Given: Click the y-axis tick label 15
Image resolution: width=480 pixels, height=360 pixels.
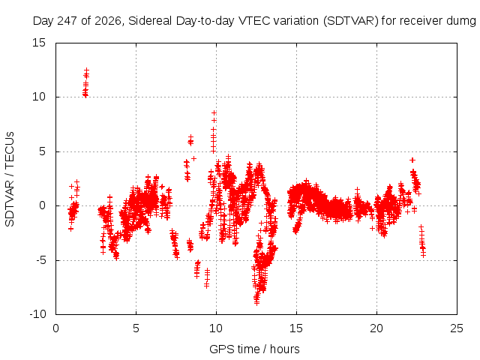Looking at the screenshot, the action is click(39, 43).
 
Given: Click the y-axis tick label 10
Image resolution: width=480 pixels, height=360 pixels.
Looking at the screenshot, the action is click(39, 97).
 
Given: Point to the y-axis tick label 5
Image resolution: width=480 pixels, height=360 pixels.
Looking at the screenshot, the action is click(42, 151).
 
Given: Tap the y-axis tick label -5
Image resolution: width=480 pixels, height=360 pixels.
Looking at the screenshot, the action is click(40, 260).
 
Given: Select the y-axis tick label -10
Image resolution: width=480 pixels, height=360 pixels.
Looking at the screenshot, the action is click(37, 314).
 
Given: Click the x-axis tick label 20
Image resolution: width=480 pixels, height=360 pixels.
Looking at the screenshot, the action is click(376, 328).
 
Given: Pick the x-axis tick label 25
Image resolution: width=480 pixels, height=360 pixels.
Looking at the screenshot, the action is click(457, 328).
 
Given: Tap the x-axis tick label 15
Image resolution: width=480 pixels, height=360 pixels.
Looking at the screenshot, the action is click(296, 328).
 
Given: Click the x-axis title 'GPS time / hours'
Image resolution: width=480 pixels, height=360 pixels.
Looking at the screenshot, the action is click(254, 349).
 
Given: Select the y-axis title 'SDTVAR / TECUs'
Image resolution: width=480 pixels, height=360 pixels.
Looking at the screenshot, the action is click(10, 179).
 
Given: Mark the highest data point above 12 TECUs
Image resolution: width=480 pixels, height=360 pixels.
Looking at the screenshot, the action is click(87, 70).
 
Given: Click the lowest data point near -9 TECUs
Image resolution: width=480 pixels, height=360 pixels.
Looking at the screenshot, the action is click(256, 303).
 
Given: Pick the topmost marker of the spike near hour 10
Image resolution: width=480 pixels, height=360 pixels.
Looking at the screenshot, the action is click(214, 113).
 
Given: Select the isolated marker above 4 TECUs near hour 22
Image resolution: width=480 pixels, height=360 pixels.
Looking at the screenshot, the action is click(412, 160).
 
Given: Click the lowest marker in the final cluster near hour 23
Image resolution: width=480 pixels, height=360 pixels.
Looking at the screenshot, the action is click(423, 255).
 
